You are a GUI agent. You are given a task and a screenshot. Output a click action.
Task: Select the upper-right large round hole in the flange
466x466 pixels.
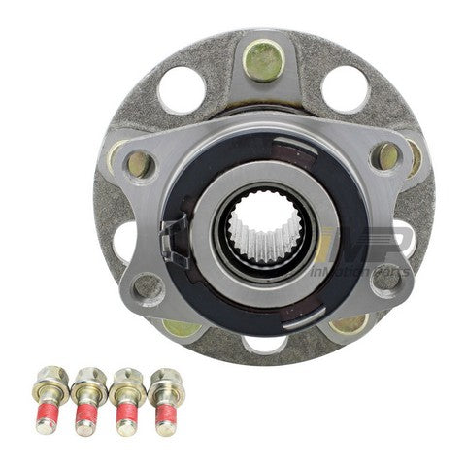345,88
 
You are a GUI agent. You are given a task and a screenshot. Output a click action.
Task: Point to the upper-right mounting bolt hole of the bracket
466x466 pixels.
386,155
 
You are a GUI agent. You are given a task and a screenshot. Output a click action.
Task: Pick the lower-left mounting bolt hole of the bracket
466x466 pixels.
148,285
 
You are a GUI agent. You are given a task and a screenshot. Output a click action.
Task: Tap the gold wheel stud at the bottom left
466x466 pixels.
180,326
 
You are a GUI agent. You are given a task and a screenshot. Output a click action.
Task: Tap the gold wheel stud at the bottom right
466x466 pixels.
347,323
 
